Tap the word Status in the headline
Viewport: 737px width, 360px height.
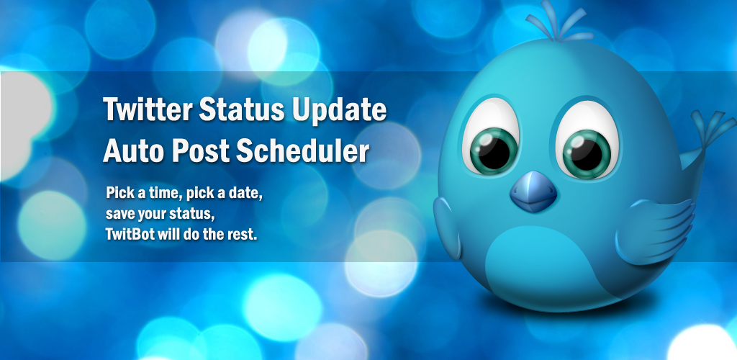[242, 109]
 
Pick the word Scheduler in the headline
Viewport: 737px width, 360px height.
[302, 151]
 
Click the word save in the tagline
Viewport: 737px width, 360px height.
[118, 215]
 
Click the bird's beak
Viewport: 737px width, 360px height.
[533, 192]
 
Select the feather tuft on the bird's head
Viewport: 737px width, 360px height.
[559, 22]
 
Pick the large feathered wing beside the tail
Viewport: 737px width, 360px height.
[656, 230]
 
